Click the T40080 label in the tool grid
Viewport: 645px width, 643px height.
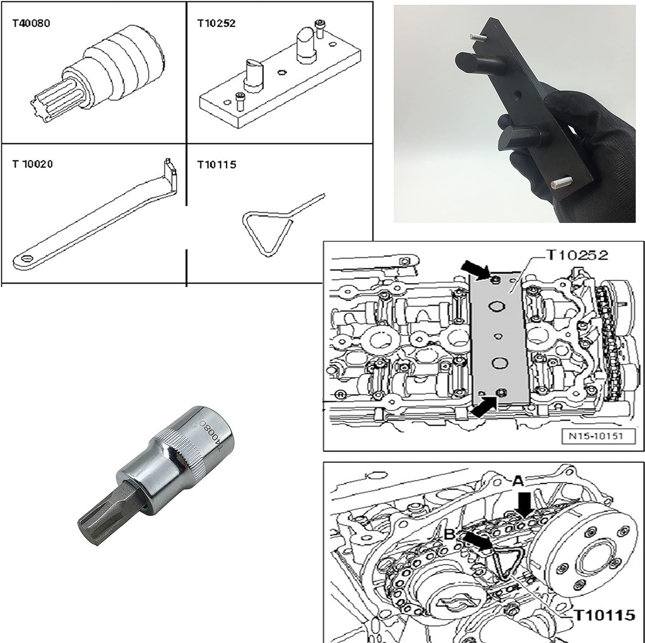tap(31, 23)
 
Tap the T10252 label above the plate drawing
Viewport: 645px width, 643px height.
tap(216, 23)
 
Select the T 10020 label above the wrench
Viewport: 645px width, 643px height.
tap(32, 164)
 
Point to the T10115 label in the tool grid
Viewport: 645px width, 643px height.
tap(217, 164)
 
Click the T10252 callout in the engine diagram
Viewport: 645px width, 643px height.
tap(577, 255)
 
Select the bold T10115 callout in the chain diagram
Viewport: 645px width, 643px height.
tap(605, 615)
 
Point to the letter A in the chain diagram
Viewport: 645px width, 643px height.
tap(518, 481)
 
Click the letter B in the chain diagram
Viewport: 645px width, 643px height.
tap(449, 534)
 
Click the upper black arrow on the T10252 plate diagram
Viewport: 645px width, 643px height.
tap(476, 270)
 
